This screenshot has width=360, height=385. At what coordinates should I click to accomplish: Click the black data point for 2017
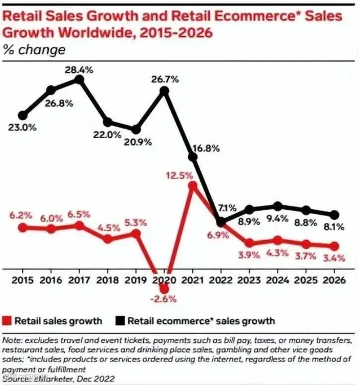79,79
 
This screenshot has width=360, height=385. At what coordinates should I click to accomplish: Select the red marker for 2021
192,186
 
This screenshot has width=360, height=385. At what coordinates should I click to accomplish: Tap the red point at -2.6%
164,289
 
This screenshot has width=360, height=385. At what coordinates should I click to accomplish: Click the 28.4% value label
79,70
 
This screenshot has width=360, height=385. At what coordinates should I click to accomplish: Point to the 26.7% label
165,79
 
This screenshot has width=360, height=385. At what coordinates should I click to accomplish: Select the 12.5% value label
180,175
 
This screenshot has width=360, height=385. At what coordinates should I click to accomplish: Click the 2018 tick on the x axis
107,280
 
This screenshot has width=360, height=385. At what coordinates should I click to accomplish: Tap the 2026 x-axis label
334,280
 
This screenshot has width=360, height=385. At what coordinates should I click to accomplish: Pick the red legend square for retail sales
7,321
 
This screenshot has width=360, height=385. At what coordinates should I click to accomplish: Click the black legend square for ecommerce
120,321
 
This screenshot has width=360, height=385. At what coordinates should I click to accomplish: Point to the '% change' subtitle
34,50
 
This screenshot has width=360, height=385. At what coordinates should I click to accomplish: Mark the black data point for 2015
22,115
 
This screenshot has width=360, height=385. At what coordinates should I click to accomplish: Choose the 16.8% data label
206,149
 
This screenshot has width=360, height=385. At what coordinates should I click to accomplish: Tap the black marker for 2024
277,206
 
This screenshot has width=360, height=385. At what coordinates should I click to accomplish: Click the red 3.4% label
334,258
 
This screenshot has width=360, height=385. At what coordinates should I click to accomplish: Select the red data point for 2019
136,233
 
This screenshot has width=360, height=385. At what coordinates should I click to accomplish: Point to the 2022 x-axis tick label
221,280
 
